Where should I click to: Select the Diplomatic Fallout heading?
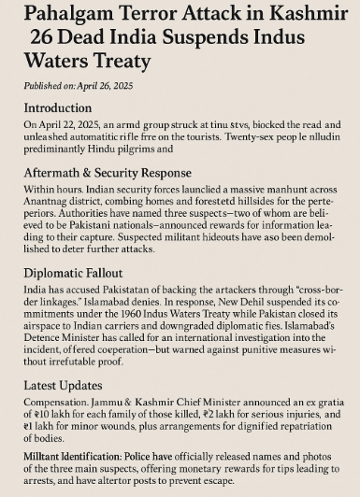click(80, 277)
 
